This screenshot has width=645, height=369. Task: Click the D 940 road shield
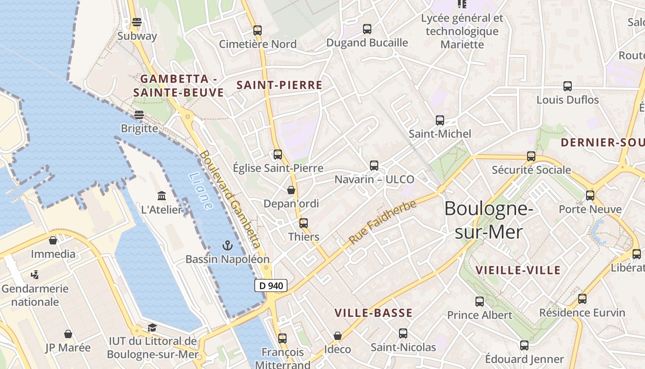click(x=271, y=286)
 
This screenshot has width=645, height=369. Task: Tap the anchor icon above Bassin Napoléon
click(x=227, y=245)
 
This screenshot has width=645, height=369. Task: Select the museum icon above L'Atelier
click(x=162, y=196)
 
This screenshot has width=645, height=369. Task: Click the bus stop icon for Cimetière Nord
click(x=258, y=30)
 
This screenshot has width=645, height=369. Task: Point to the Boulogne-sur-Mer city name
click(x=489, y=220)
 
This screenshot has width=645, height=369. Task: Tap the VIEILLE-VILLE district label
click(x=518, y=270)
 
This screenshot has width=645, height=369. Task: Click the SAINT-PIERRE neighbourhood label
click(x=279, y=85)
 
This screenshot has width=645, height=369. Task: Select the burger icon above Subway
click(x=137, y=22)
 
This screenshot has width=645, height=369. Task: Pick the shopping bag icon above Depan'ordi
click(x=291, y=190)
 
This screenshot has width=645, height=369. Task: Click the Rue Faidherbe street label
click(x=382, y=222)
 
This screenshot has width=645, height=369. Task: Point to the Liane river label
click(x=201, y=191)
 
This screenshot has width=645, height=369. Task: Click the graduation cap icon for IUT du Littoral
click(x=152, y=328)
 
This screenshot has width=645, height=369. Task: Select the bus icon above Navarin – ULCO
click(x=374, y=166)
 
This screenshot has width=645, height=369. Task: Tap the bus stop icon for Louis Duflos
click(x=568, y=86)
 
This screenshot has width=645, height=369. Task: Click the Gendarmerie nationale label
click(x=35, y=295)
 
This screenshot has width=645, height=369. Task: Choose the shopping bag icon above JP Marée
click(x=68, y=334)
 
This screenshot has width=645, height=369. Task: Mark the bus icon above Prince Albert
click(x=480, y=302)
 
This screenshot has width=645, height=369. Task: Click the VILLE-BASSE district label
click(x=373, y=313)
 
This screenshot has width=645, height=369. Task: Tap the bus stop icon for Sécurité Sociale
click(x=531, y=156)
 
